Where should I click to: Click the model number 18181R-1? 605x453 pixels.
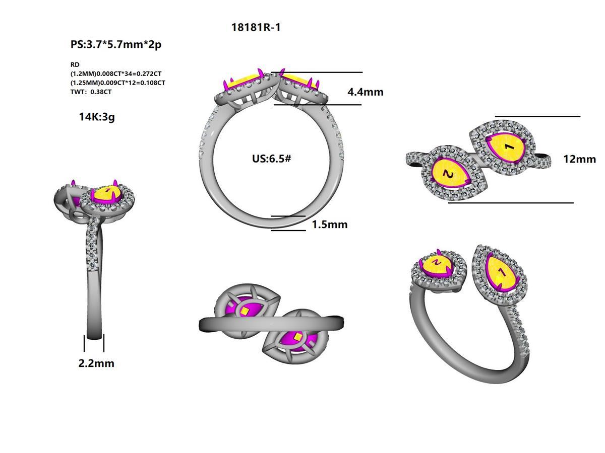[256, 28]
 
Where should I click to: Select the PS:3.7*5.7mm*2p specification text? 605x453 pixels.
[116, 44]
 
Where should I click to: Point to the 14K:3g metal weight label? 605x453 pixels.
[97, 117]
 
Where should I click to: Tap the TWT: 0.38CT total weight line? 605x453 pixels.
[91, 92]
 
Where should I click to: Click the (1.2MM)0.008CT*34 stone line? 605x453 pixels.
[116, 73]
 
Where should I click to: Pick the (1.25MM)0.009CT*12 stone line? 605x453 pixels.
[118, 83]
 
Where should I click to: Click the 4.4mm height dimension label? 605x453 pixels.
[365, 92]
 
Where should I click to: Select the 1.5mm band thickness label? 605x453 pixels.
[329, 224]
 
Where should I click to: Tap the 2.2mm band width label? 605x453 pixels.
[96, 363]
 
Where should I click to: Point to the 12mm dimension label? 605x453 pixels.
[579, 159]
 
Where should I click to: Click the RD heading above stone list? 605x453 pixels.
[75, 65]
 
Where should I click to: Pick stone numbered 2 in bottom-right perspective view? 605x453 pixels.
[437, 263]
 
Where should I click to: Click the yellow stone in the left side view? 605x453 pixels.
[107, 194]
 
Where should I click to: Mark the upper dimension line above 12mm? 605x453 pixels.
[537, 116]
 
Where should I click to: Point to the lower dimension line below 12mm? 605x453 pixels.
[510, 203]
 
